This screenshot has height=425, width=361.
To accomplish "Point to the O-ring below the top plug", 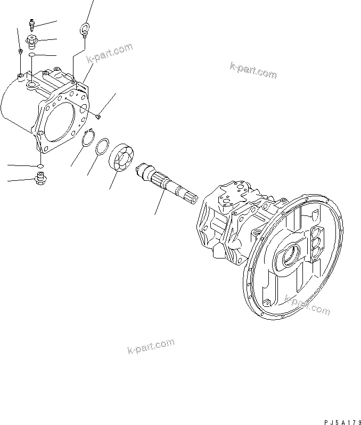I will [x=32, y=55].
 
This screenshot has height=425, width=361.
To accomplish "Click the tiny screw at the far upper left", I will [x=20, y=51].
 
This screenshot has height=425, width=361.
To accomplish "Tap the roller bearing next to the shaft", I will [x=121, y=157].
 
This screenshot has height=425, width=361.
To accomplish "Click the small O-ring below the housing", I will [x=41, y=166].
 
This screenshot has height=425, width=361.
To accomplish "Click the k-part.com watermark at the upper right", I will [x=253, y=69].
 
